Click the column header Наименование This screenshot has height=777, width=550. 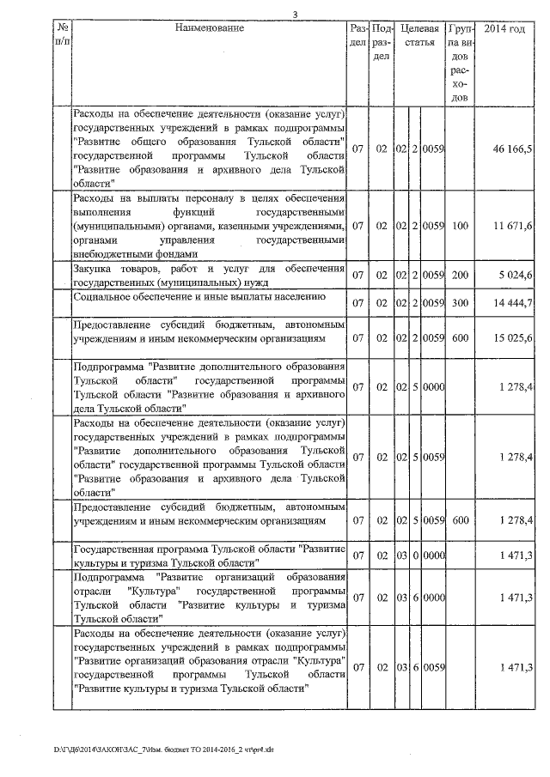[209, 28]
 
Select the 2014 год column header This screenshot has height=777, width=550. [504, 28]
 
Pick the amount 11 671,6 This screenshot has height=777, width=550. [513, 226]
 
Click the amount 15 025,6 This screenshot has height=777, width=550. [513, 338]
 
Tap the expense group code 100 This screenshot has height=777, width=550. [460, 226]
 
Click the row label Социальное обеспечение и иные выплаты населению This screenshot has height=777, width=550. [199, 297]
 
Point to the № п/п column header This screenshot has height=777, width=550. [61, 35]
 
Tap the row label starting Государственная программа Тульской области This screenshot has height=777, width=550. [210, 555]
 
